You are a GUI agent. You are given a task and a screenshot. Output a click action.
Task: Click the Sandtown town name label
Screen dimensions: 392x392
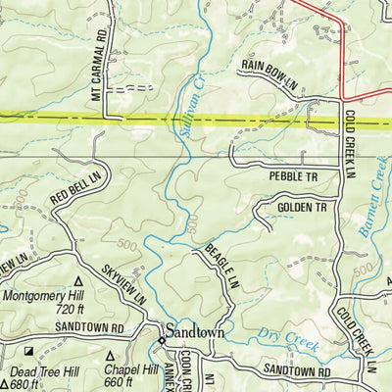pyautogui.click(x=195, y=332)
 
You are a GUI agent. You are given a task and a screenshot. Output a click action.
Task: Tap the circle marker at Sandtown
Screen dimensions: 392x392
pyautogui.click(x=162, y=340)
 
